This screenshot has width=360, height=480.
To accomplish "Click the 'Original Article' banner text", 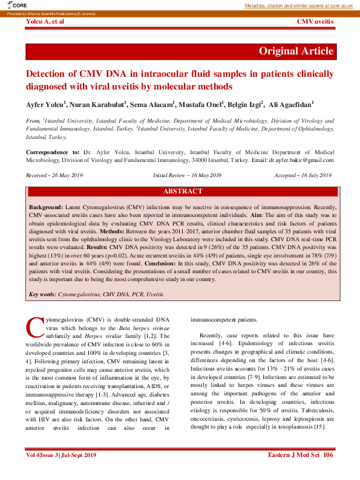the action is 296,51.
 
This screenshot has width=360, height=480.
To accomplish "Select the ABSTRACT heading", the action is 183,191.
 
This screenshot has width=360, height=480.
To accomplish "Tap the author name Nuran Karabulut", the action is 100,105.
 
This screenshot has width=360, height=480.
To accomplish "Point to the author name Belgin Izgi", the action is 244,105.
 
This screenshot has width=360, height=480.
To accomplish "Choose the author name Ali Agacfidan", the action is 291,105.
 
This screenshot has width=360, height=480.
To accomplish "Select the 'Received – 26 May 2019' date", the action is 54,175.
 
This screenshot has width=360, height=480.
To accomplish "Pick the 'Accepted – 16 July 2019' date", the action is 303,175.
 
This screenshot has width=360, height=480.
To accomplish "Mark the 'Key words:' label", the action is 42,294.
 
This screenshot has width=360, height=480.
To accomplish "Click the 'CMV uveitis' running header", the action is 315,22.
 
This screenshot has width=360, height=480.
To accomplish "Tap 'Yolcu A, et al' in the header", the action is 45,22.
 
